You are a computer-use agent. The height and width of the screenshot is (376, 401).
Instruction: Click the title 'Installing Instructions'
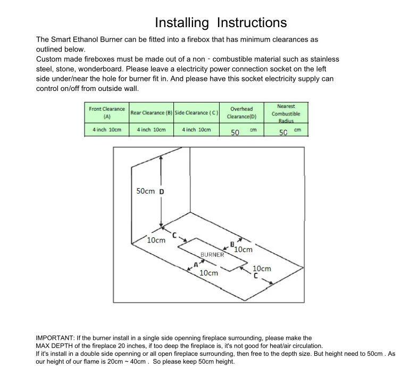coord(221,23)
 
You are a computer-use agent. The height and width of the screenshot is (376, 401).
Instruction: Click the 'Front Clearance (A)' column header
coord(107,112)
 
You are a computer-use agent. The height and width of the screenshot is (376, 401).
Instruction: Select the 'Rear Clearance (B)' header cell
coord(152,113)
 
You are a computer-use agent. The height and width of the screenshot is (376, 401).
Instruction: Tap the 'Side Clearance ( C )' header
coord(196,113)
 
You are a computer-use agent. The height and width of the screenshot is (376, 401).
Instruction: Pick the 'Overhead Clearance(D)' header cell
coord(241,113)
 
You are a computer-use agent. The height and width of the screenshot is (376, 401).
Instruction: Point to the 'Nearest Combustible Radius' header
coord(286,113)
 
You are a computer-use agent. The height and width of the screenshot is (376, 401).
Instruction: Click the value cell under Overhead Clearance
coord(241,131)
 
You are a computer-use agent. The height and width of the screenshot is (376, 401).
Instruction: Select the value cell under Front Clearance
coord(107,130)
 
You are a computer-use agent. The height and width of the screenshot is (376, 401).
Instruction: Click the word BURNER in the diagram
coord(212,255)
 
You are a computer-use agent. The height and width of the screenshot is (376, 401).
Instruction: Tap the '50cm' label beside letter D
coord(145,191)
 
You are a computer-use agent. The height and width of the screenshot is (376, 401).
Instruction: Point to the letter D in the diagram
coord(161,191)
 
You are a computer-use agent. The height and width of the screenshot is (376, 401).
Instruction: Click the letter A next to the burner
coord(196,264)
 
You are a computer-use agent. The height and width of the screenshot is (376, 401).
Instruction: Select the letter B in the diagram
coord(232,244)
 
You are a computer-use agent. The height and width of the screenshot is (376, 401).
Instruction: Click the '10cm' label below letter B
coord(243,249)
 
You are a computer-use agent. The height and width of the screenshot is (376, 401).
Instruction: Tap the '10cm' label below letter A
coord(208,273)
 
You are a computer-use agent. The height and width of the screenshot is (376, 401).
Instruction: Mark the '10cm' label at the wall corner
coord(156,240)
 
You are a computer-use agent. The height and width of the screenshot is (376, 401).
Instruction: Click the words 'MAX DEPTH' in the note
coord(50,346)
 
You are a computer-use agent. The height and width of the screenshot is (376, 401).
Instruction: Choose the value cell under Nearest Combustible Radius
coord(286,131)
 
